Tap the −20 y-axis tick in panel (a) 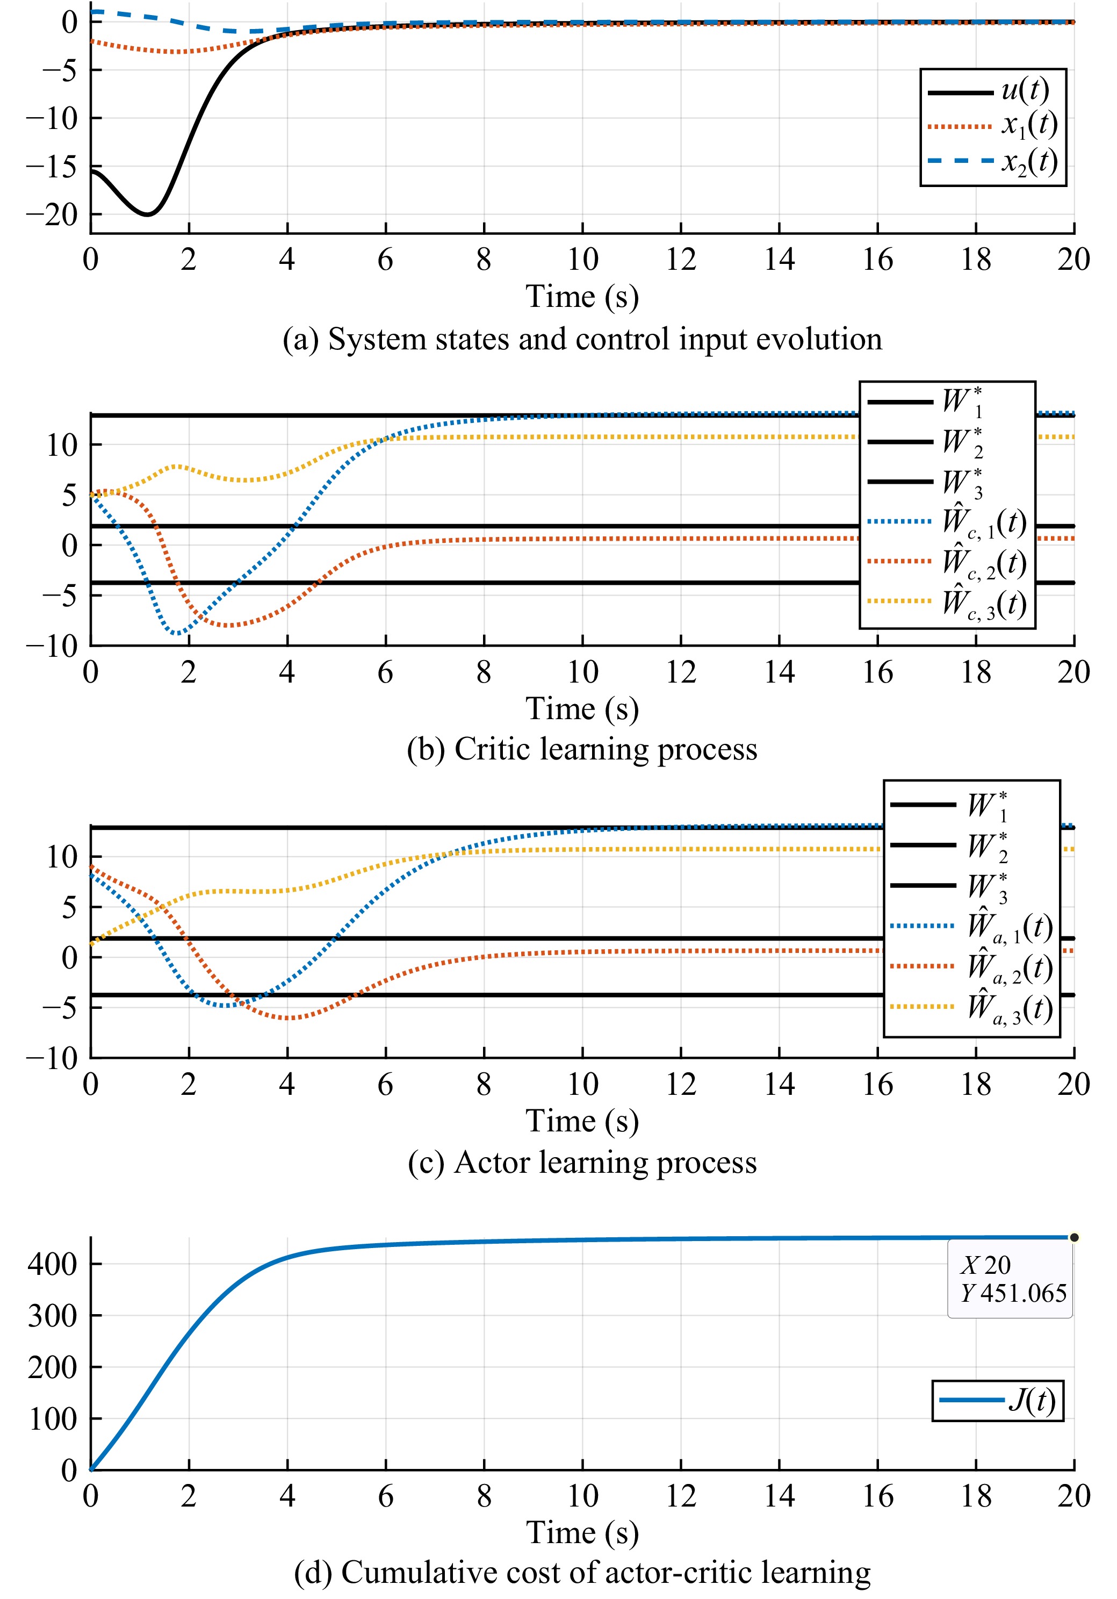click(x=52, y=215)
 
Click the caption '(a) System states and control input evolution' click(x=582, y=339)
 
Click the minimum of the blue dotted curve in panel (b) click(x=179, y=633)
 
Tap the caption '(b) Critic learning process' click(x=582, y=749)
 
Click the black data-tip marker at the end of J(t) click(x=1074, y=1238)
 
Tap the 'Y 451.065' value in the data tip click(x=1014, y=1293)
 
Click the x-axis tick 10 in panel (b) click(x=582, y=672)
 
